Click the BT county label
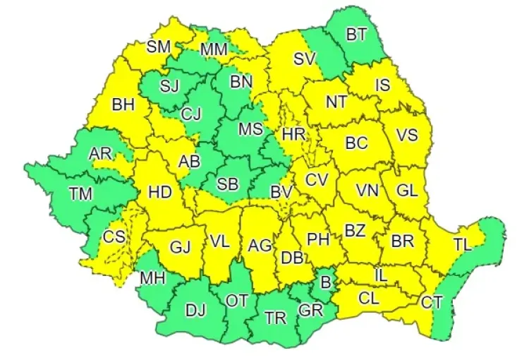356,35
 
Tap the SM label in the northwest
159,47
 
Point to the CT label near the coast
432,302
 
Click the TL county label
462,245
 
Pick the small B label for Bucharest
326,282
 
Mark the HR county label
292,133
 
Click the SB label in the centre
227,185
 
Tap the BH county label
123,105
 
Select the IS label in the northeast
382,85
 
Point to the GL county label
407,190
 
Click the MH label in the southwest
152,277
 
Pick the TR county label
275,318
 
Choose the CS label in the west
114,238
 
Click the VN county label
366,190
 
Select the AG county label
260,246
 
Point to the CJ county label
191,114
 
